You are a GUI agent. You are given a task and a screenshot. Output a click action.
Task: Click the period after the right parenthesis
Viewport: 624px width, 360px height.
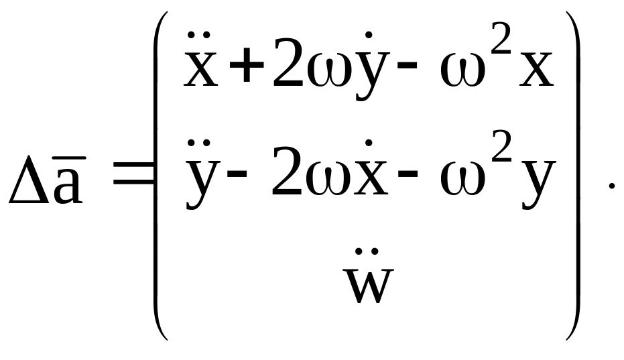tap(611, 187)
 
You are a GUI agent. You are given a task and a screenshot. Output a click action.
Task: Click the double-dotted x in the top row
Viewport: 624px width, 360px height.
tap(200, 70)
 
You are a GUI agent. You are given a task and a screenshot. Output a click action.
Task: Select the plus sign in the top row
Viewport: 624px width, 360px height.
tap(246, 71)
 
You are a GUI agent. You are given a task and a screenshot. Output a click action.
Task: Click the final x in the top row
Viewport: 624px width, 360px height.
tap(537, 72)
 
